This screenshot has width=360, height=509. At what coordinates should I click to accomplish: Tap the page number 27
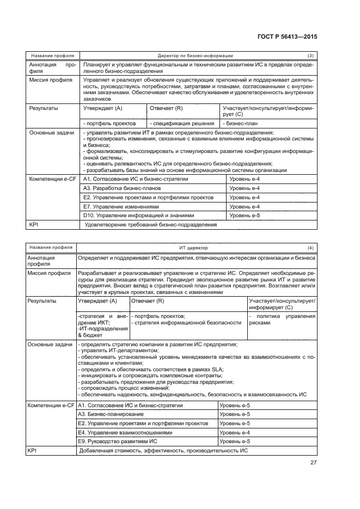313,463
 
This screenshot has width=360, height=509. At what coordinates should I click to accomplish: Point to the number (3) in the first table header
310,56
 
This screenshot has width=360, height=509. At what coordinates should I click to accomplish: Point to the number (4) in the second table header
310,248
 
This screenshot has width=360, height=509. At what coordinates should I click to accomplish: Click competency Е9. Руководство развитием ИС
118,441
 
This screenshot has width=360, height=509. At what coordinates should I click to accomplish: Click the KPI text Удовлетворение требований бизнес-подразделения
151,224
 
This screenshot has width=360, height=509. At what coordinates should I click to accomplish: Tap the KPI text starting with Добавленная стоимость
163,451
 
